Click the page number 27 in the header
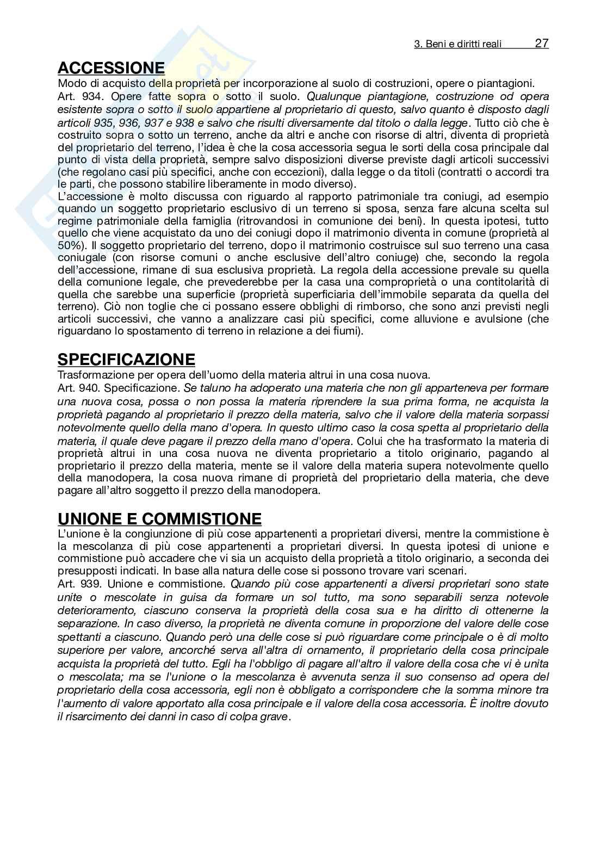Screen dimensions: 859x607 [542, 44]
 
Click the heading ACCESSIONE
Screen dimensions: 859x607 [111, 68]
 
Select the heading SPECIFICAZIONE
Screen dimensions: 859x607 [126, 360]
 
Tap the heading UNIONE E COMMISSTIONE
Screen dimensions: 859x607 [159, 518]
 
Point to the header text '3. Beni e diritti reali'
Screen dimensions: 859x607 [458, 45]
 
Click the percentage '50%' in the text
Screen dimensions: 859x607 [71, 245]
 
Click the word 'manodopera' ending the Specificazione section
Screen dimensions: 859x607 [291, 491]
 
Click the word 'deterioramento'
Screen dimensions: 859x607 [92, 610]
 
